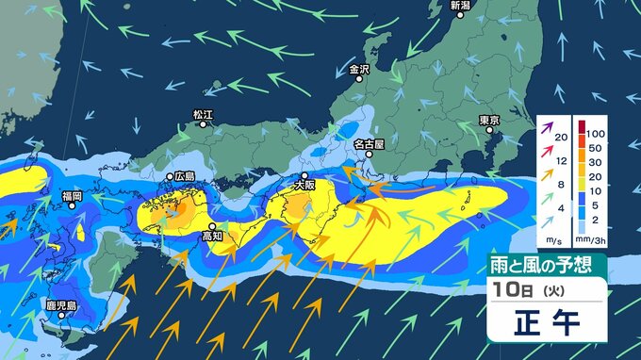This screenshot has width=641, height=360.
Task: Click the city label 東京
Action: [x=488, y=121]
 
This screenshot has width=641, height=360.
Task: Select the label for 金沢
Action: [x=360, y=69]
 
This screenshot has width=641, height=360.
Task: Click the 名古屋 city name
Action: [x=370, y=144]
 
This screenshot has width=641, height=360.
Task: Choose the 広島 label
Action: [x=185, y=176]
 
